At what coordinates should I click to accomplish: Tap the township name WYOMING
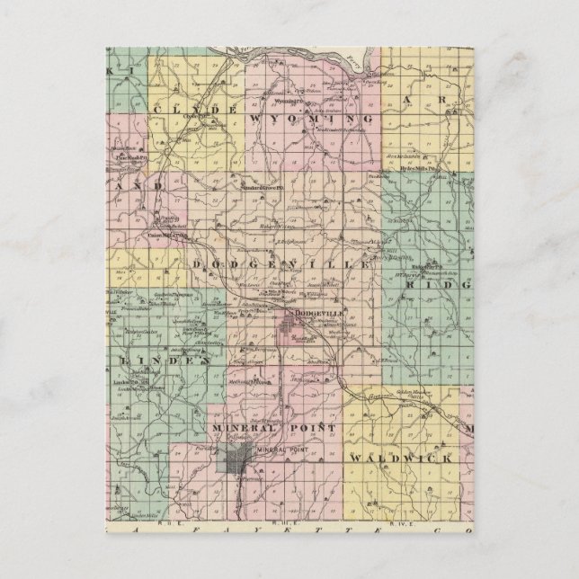coord(307,117)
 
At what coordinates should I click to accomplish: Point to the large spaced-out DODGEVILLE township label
coord(281,265)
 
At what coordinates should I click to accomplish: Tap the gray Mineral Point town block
coord(233,464)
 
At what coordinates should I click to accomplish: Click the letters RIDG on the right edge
coord(441,282)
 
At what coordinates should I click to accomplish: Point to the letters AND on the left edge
coord(135,183)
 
